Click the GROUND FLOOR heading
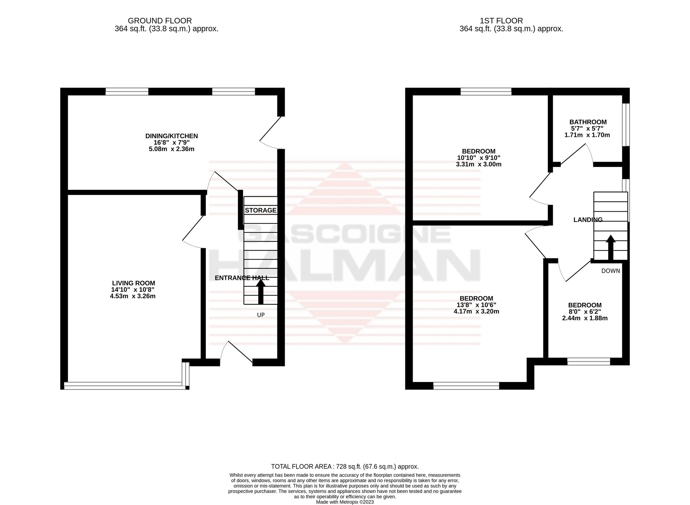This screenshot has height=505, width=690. click(x=160, y=21)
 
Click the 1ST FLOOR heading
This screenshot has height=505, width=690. click(x=501, y=21)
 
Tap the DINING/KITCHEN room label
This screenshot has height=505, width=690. click(x=172, y=136)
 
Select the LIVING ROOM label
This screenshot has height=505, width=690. click(x=134, y=283)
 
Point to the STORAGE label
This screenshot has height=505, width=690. click(x=260, y=210)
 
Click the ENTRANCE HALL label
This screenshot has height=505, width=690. click(x=242, y=278)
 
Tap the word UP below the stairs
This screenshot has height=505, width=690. click(x=260, y=315)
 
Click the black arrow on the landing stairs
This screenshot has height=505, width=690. click(x=611, y=247)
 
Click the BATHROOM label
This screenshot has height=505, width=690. click(x=588, y=122)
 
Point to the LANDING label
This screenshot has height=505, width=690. click(x=588, y=220)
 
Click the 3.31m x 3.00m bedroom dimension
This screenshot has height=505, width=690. click(x=478, y=164)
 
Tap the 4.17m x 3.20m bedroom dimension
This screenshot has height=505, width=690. click(x=476, y=312)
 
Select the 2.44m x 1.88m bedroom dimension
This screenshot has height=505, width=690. click(x=584, y=318)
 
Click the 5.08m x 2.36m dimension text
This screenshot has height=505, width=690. click(x=172, y=149)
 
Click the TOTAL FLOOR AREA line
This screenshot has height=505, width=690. click(x=344, y=467)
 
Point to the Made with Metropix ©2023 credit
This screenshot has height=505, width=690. click(x=344, y=502)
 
